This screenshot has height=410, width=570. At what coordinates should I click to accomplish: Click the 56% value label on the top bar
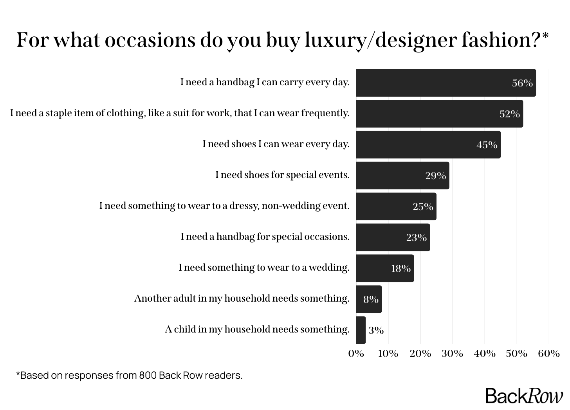(522, 83)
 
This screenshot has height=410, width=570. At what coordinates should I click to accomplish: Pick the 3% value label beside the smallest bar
(376, 330)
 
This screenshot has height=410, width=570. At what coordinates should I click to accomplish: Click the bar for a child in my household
(361, 330)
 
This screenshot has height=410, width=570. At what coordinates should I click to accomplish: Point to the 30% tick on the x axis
(452, 354)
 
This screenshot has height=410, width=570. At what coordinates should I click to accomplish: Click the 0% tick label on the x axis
(356, 354)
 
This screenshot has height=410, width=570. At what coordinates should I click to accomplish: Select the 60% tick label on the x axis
(548, 354)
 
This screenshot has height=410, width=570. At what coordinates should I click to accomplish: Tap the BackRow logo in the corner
(524, 396)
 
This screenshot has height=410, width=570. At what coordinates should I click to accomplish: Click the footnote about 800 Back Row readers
(129, 375)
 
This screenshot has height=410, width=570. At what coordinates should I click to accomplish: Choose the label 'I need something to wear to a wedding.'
(264, 268)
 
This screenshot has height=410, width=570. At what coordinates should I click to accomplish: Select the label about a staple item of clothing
(180, 113)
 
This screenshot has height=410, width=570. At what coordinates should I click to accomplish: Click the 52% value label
(509, 114)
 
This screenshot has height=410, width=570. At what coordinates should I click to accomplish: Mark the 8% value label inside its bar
(370, 299)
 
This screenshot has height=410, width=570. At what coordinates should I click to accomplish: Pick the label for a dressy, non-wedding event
(224, 206)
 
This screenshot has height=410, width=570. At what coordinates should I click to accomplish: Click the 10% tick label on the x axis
(388, 354)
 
